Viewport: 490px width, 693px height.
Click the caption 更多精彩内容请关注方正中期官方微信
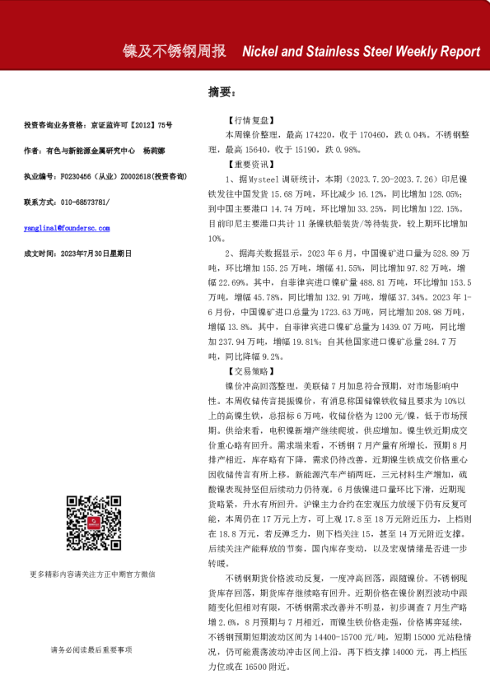[x=92, y=597]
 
